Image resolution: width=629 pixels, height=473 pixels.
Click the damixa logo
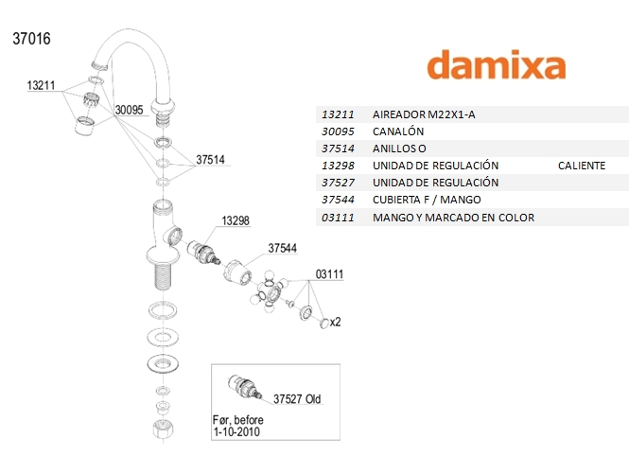(496, 64)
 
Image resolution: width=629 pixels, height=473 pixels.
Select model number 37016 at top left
(31, 40)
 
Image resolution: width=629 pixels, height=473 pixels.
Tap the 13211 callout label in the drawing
(42, 85)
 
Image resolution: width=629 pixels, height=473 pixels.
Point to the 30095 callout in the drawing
(129, 110)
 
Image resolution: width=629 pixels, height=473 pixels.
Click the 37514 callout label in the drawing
(210, 160)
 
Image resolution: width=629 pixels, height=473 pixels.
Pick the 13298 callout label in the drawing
(236, 220)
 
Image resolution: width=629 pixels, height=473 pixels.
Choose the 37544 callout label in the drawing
(283, 248)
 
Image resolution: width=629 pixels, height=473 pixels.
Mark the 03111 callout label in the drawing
(328, 273)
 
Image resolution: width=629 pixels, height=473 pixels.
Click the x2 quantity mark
(335, 322)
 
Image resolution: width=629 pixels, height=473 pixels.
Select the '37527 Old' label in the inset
(297, 399)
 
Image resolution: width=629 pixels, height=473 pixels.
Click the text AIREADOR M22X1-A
(426, 114)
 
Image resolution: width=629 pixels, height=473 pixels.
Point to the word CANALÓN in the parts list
(399, 131)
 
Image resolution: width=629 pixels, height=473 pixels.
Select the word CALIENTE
(582, 166)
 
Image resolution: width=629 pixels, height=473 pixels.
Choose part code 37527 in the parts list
(338, 183)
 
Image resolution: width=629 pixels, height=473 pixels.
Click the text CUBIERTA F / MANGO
(427, 200)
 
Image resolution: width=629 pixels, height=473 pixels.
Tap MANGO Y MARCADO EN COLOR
(454, 218)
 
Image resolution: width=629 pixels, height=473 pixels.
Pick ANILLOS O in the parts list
(401, 149)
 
